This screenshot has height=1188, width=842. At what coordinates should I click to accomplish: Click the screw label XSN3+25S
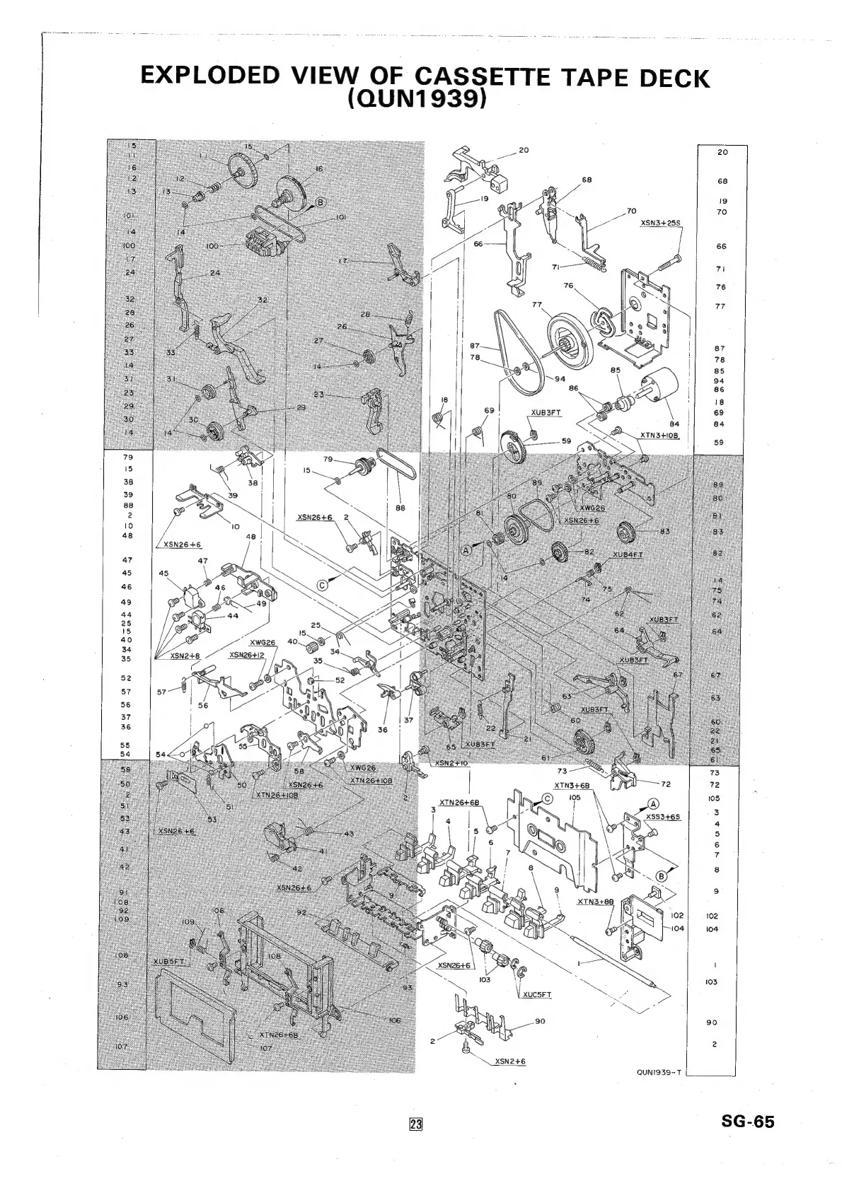click(x=660, y=223)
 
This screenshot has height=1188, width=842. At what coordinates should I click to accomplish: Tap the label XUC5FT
click(x=537, y=994)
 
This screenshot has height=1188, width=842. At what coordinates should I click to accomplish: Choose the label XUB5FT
click(x=169, y=962)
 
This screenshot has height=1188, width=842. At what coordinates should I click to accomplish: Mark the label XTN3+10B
click(x=659, y=436)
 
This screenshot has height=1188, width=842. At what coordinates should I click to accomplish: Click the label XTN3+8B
click(x=594, y=902)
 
